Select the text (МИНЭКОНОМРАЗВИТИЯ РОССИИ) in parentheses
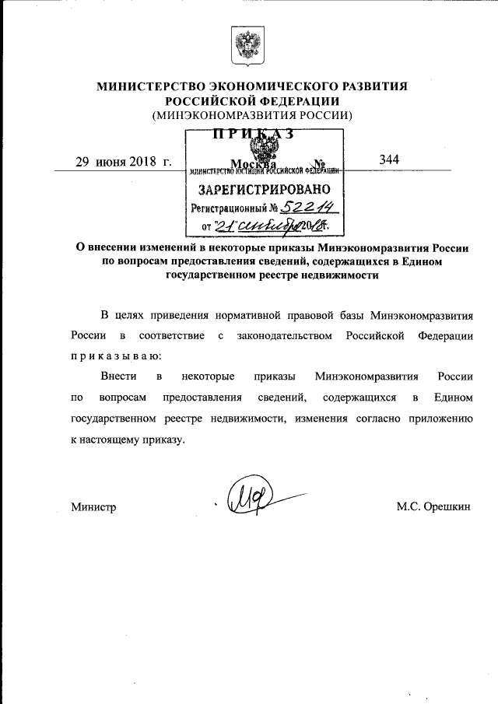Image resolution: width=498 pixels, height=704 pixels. [x=252, y=115]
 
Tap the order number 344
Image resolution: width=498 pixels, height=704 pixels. [x=389, y=159]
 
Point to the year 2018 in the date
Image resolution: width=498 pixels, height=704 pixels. [x=139, y=162]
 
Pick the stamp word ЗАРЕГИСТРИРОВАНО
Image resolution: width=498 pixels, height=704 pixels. [x=265, y=189]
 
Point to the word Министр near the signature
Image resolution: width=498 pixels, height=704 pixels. [x=93, y=507]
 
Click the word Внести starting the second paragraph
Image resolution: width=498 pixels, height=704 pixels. [x=119, y=377]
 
